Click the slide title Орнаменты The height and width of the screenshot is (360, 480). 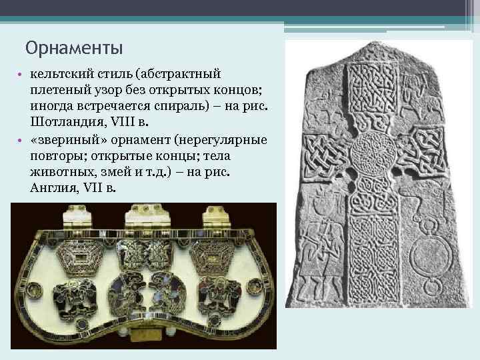tap(74, 48)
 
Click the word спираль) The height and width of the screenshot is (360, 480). tap(157, 106)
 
